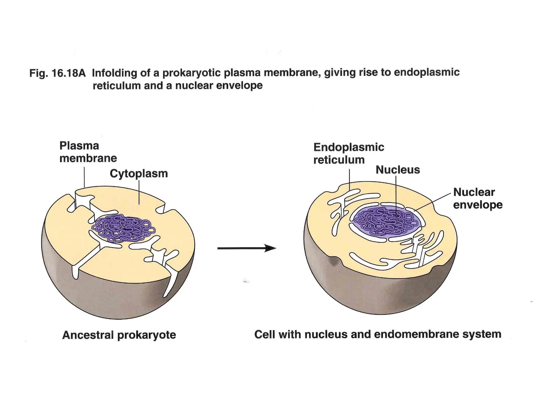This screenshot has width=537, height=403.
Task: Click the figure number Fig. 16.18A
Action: point(57,73)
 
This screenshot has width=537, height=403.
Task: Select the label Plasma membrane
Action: point(88,152)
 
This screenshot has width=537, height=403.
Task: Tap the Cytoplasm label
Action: point(139,174)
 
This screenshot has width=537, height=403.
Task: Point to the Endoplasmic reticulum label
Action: point(348,153)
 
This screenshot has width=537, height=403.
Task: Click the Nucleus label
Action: point(398,170)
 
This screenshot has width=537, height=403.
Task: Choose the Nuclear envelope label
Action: point(477,199)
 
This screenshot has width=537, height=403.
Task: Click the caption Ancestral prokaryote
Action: point(119,335)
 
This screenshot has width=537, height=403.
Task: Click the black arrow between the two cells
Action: point(246,248)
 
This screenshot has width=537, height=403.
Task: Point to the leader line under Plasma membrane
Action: point(84,177)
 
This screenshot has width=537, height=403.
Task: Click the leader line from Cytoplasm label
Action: point(139,192)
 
